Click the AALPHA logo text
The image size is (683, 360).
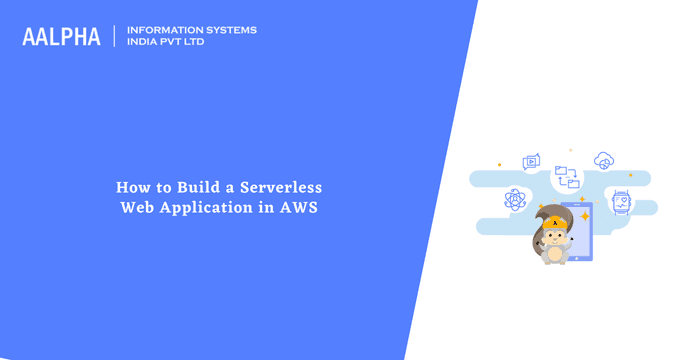point(61,37)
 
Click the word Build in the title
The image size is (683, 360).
point(202,187)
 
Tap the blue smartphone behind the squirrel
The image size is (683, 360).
point(576,229)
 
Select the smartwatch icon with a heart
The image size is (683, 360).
point(621,200)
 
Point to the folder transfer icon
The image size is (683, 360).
point(566,177)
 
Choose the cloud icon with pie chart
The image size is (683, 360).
point(603,160)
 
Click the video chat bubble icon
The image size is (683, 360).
point(531,161)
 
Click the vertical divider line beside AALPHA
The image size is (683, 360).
point(115,36)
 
